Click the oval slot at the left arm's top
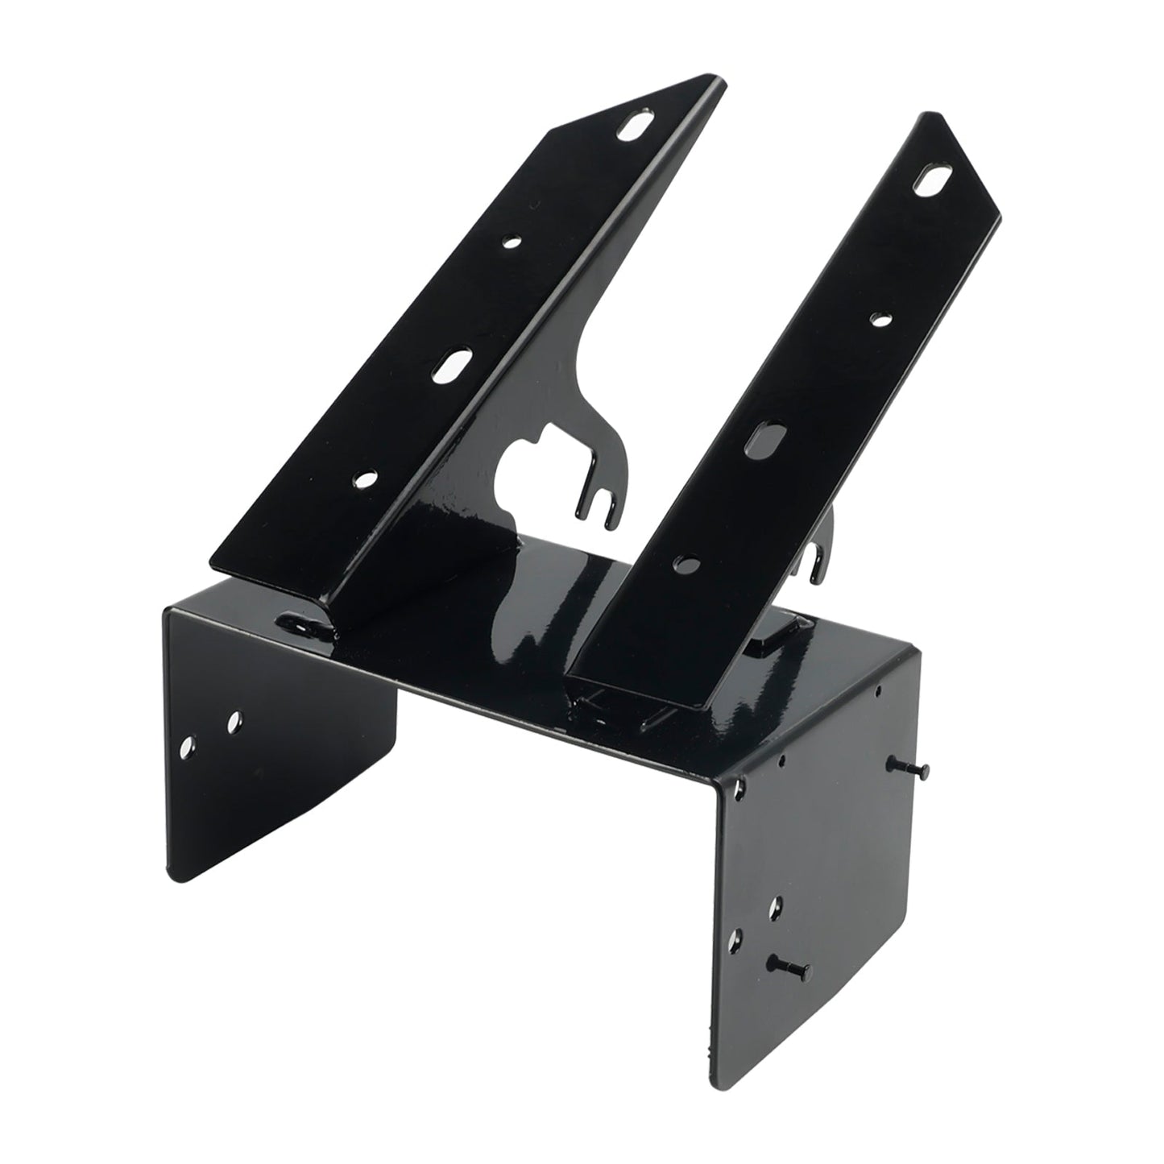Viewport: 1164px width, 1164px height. (x=636, y=128)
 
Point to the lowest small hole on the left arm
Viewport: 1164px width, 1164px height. (x=368, y=479)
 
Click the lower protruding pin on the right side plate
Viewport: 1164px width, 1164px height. (x=790, y=963)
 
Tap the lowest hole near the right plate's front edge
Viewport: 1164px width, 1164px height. (x=735, y=938)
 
